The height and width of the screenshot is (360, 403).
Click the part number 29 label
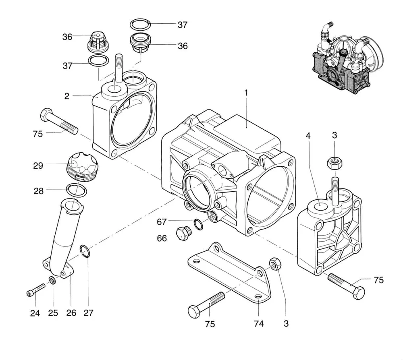click(38, 166)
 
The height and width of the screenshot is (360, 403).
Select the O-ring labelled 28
click(77, 190)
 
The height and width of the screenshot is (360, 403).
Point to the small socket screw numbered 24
click(36, 290)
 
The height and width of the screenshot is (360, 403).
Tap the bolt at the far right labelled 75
click(347, 286)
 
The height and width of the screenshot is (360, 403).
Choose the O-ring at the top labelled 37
click(140, 25)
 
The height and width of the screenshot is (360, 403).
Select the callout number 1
click(246, 93)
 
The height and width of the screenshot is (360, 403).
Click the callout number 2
click(67, 96)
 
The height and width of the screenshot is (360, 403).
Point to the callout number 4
click(308, 135)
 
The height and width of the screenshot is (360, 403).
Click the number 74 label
click(259, 324)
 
